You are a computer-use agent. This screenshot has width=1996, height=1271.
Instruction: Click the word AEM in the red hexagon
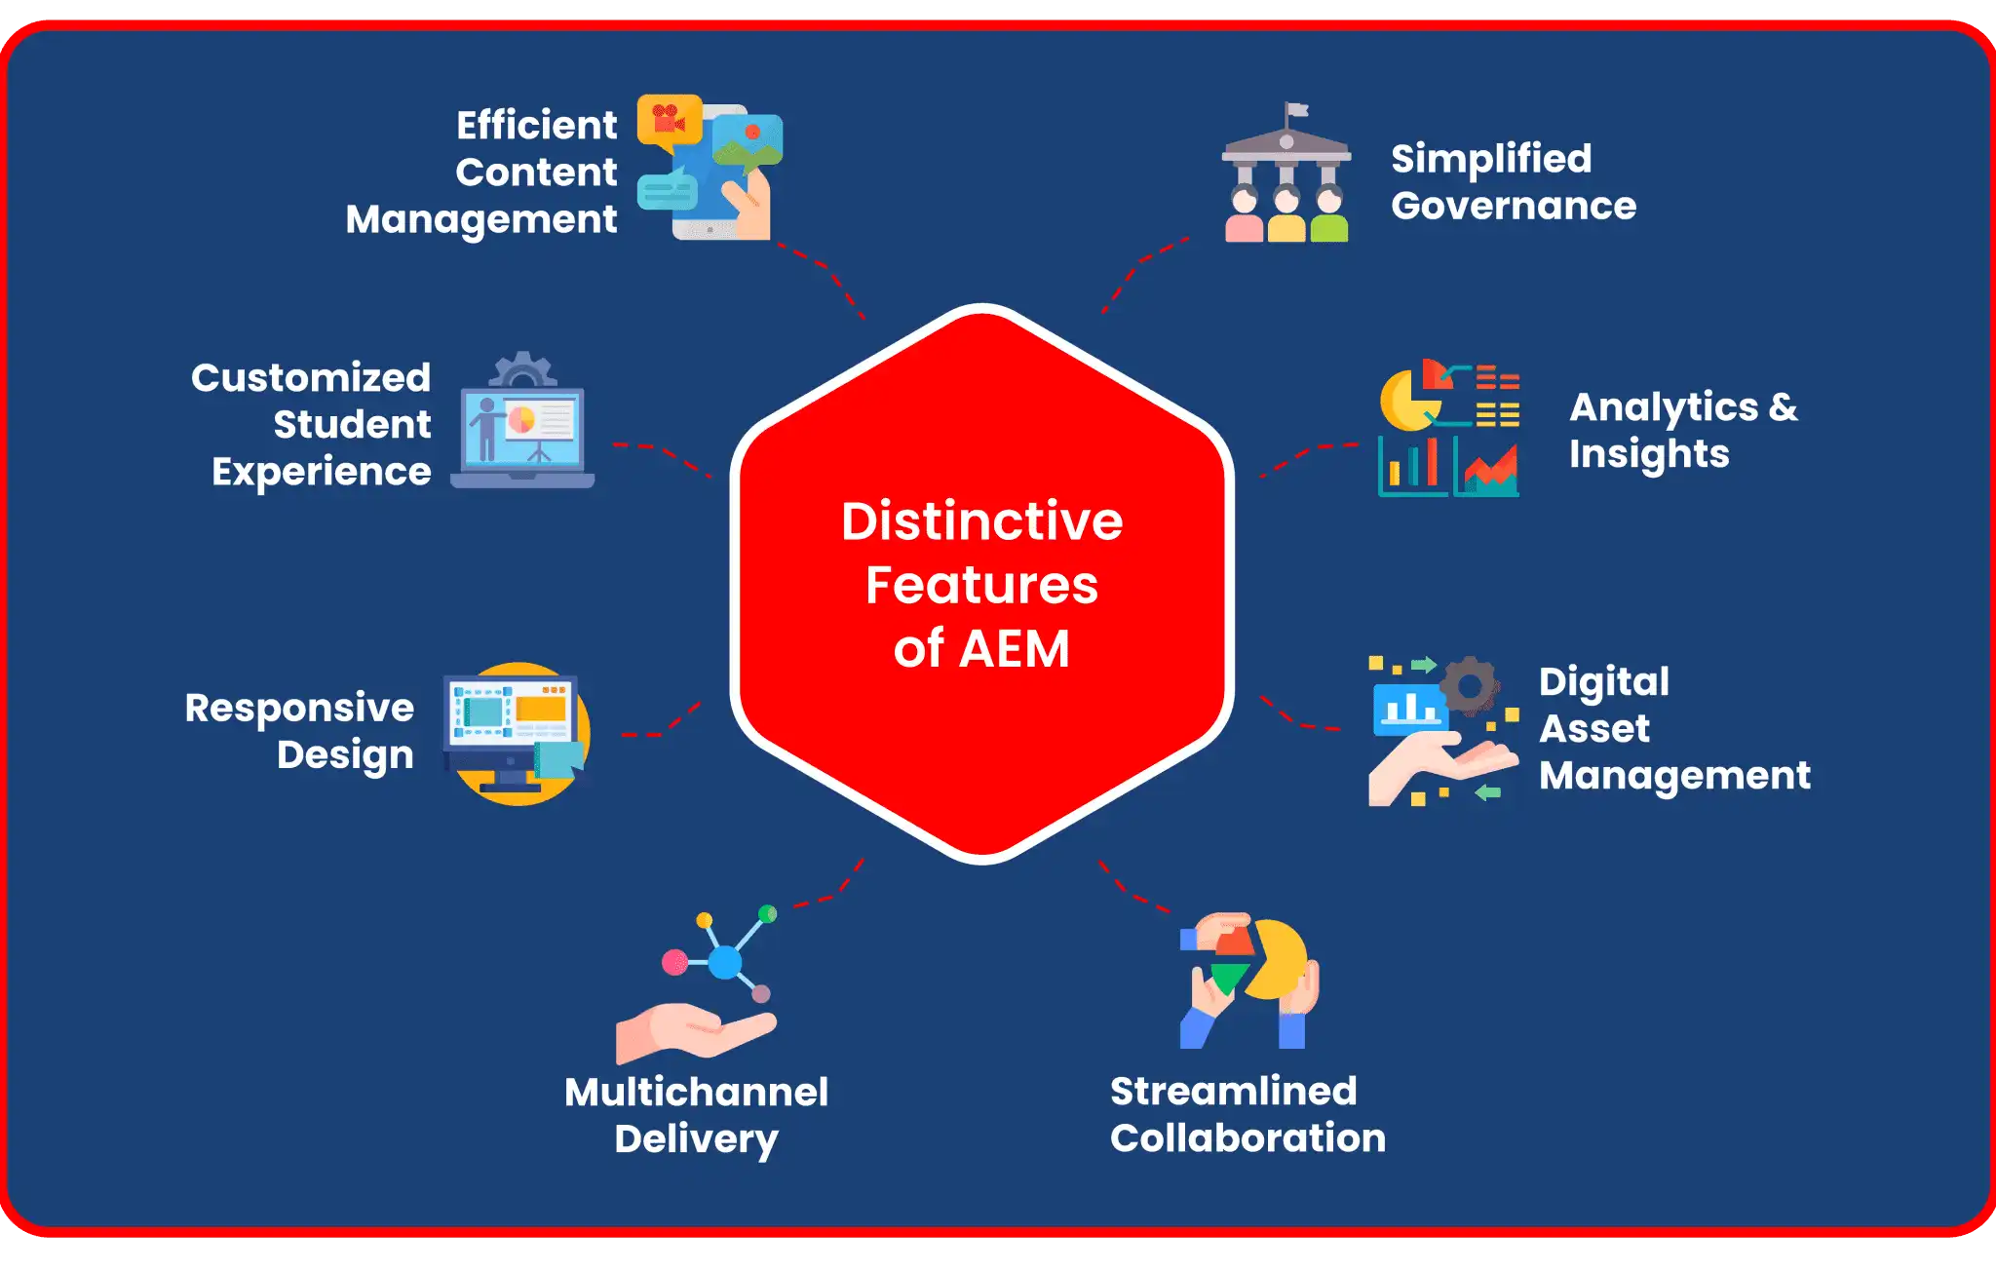1015,649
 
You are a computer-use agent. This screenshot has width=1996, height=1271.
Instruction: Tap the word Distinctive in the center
981,521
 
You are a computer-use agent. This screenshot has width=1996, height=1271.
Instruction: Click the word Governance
1513,207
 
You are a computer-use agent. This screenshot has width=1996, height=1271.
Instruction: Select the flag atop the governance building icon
1295,110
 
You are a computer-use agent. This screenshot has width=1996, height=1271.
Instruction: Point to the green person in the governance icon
1329,216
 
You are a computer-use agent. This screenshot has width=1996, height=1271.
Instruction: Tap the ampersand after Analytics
1783,406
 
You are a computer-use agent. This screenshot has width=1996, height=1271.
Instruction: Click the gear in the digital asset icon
1470,686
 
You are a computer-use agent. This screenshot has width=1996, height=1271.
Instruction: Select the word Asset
1594,728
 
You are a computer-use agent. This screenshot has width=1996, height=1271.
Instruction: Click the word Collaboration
1247,1138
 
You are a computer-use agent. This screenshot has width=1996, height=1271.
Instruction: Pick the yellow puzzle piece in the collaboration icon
1278,960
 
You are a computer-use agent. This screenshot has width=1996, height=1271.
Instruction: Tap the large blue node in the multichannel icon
724,962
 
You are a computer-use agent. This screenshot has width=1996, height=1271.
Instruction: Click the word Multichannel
696,1092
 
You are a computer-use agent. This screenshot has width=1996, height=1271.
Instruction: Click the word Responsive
299,708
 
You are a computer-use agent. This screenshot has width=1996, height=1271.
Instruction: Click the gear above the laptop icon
523,370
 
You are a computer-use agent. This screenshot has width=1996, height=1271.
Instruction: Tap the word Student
352,425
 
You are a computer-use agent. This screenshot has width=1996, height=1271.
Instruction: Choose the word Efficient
536,125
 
